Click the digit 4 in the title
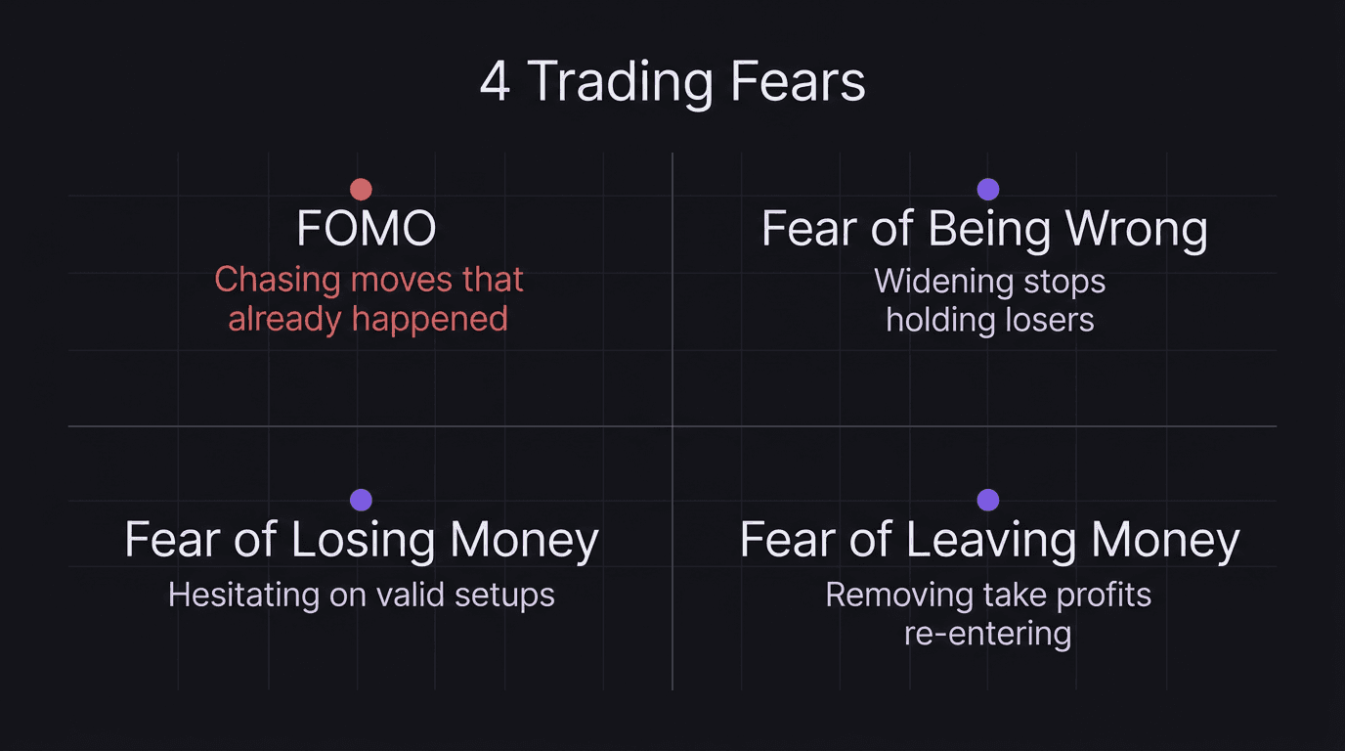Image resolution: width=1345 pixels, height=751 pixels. tap(495, 82)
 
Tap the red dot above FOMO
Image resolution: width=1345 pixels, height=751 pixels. tap(361, 189)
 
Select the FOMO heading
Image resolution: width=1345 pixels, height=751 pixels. tap(367, 230)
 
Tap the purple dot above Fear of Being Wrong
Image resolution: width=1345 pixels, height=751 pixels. tap(988, 189)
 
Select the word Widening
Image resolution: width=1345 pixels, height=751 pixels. tap(940, 282)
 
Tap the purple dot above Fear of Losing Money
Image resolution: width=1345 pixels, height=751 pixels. tap(361, 500)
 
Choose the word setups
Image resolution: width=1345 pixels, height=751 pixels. tap(504, 595)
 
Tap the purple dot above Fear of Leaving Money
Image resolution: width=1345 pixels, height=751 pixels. tap(988, 500)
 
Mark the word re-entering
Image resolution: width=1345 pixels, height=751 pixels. tap(987, 634)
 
